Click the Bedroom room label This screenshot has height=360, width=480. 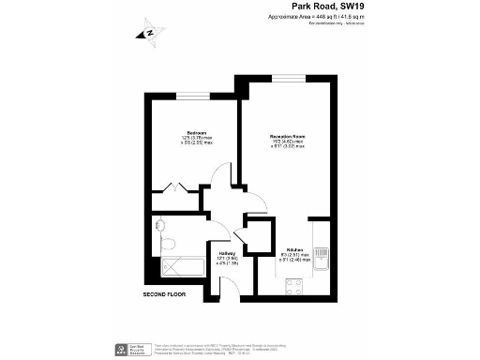click(x=197, y=133)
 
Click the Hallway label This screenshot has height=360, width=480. click(x=227, y=252)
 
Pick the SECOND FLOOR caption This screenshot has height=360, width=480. click(x=165, y=294)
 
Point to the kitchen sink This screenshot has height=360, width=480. click(x=322, y=255)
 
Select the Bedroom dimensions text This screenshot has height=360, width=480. click(x=197, y=142)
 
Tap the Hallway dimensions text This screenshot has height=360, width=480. click(x=227, y=261)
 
